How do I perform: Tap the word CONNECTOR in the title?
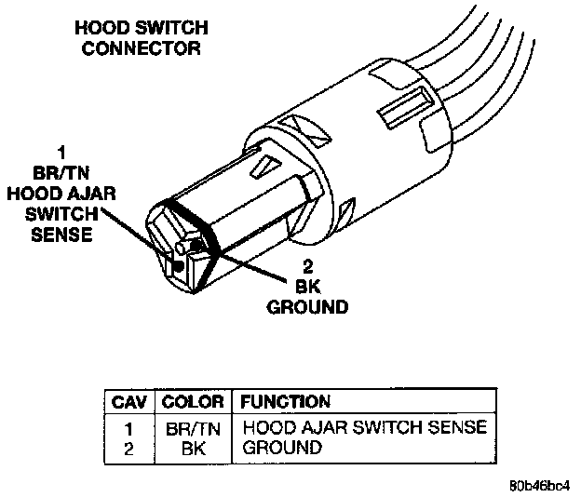point(141,47)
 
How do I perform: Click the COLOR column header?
point(192,402)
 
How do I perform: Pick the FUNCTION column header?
point(285,402)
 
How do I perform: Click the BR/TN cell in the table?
point(192,429)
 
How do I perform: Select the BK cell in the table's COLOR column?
point(192,447)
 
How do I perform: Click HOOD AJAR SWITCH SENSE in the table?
point(364,429)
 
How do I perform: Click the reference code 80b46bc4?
point(539,486)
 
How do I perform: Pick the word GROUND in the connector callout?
point(307,306)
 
